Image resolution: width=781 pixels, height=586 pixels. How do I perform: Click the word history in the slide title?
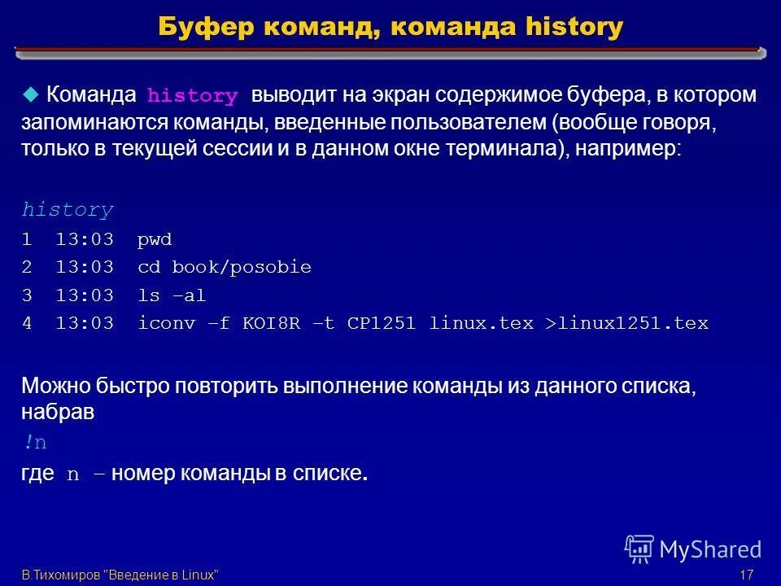574,27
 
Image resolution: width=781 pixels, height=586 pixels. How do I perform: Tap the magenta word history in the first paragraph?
192,96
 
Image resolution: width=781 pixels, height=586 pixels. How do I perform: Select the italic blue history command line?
68,210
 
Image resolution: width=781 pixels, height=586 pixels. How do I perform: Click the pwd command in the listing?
155,241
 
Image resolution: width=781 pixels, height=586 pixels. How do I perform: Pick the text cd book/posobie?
225,268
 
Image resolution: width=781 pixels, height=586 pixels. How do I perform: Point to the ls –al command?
172,295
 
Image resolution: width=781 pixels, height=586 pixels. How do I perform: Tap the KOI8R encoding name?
271,323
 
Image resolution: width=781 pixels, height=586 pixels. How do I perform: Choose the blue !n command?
35,443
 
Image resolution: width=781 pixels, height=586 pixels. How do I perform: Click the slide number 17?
746,575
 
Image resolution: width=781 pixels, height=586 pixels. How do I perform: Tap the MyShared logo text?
709,549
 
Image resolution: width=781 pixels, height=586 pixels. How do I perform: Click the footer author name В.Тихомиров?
61,575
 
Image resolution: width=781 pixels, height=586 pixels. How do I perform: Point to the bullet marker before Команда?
30,94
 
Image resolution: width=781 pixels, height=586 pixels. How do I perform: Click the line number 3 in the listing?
27,295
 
